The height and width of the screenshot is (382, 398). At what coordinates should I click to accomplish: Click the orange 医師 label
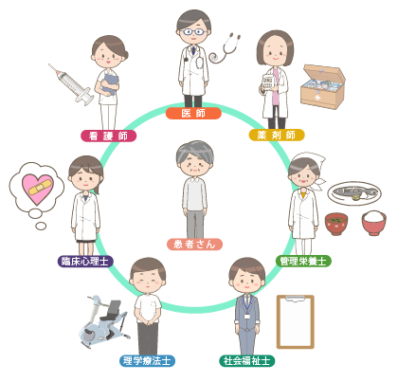click(x=193, y=114)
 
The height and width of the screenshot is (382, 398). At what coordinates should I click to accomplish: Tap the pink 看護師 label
click(x=108, y=136)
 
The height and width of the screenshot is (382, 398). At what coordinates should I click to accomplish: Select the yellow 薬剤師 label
click(x=277, y=136)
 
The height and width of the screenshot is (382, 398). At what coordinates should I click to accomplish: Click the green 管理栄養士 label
click(x=303, y=262)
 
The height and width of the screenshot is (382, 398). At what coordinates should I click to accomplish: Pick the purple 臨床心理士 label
click(x=85, y=262)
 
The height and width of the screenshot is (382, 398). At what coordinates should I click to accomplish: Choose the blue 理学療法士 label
click(x=147, y=360)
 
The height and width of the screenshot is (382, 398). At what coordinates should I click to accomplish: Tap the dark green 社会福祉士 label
click(x=247, y=360)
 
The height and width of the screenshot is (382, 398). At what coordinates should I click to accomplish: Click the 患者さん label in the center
click(x=194, y=245)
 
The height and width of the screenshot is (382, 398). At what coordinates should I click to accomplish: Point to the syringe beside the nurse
click(x=71, y=84)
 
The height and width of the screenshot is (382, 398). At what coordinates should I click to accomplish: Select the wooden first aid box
click(x=323, y=86)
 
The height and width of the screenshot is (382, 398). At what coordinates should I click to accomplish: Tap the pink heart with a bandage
click(x=37, y=189)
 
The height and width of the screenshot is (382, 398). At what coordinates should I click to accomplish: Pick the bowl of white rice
click(x=374, y=223)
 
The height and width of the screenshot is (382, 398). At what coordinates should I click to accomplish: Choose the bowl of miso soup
click(x=336, y=224)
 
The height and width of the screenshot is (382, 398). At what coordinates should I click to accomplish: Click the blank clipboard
click(x=296, y=321)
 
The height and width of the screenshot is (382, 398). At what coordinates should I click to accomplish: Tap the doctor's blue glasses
click(x=193, y=31)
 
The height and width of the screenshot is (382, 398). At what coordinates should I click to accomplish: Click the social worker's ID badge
click(x=247, y=316)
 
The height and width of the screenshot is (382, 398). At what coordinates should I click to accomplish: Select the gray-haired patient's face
click(x=195, y=164)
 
